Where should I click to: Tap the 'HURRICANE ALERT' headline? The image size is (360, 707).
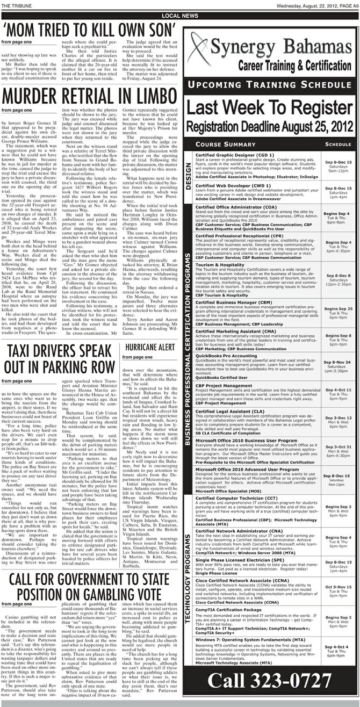tap(153, 347)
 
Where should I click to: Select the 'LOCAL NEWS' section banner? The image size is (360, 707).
tap(179, 16)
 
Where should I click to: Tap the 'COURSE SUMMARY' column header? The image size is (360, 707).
tap(225, 144)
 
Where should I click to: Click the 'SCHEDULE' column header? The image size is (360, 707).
tap(338, 144)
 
